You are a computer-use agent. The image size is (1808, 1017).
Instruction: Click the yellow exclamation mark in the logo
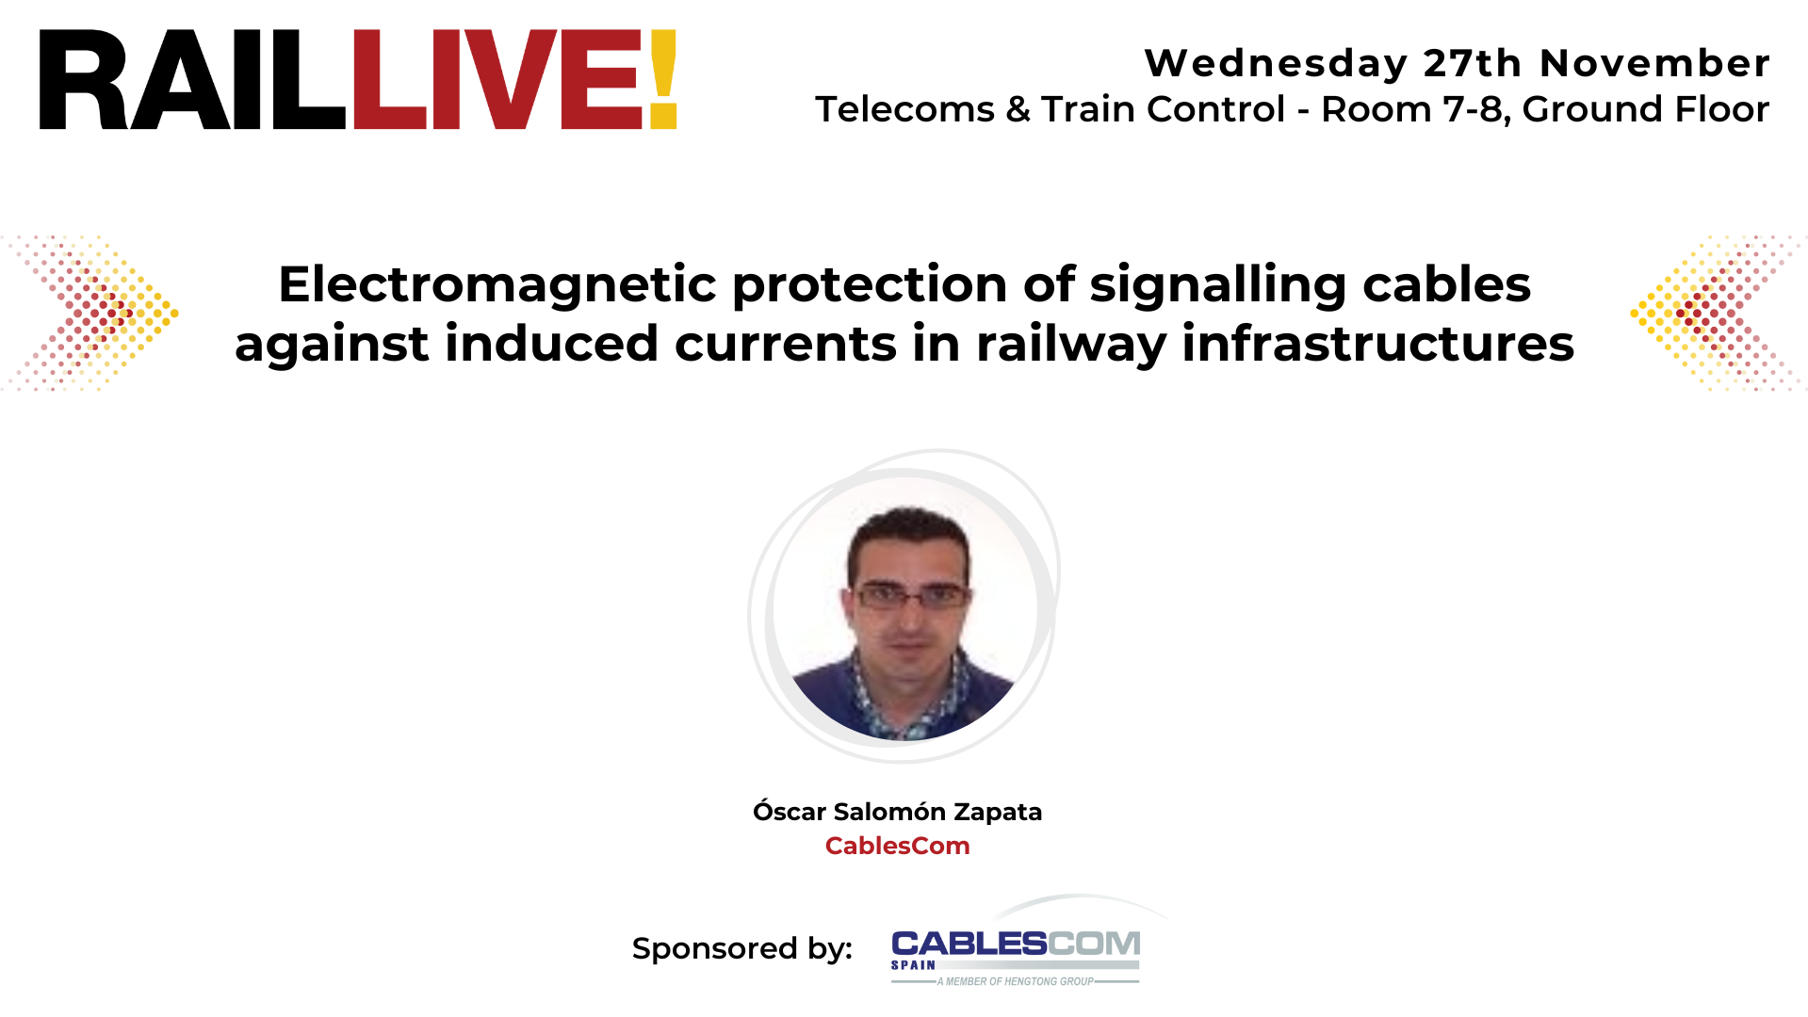pyautogui.click(x=663, y=79)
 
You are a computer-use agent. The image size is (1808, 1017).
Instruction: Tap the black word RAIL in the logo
pyautogui.click(x=192, y=80)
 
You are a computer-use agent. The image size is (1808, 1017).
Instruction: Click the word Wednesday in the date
pyautogui.click(x=1276, y=63)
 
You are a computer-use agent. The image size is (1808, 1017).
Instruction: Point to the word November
pyautogui.click(x=1654, y=63)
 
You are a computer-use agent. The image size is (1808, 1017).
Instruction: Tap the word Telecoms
pyautogui.click(x=904, y=109)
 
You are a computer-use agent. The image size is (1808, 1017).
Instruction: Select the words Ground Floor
pyautogui.click(x=1645, y=109)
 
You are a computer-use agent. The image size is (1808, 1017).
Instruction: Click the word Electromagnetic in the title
pyautogui.click(x=497, y=284)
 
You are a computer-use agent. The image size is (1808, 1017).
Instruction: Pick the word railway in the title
pyautogui.click(x=1071, y=344)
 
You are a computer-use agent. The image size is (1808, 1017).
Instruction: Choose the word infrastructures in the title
pyautogui.click(x=1377, y=344)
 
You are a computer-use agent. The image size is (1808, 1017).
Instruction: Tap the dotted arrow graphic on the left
pyautogui.click(x=94, y=313)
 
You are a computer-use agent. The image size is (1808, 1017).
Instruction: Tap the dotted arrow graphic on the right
pyautogui.click(x=1715, y=313)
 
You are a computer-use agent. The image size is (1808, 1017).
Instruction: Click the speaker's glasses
pyautogui.click(x=910, y=596)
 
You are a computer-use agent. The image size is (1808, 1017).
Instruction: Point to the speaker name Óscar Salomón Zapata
pyautogui.click(x=897, y=812)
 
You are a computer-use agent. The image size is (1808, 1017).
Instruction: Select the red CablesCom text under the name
pyautogui.click(x=897, y=846)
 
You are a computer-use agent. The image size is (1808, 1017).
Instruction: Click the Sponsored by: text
pyautogui.click(x=741, y=948)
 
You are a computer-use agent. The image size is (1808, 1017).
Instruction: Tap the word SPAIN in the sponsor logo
pyautogui.click(x=913, y=965)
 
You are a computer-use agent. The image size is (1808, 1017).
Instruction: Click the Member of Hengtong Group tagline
pyautogui.click(x=1015, y=981)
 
